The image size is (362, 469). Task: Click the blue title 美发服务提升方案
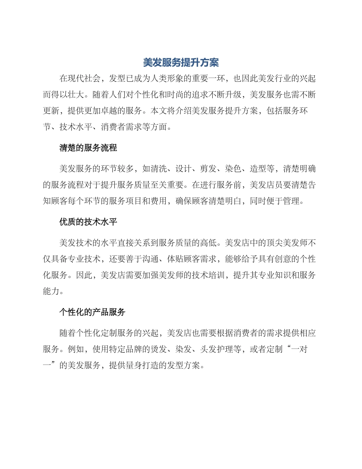[x=181, y=62]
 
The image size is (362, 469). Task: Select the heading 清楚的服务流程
[x=88, y=148]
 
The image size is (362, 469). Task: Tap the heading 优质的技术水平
[x=88, y=222]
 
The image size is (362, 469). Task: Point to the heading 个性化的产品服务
[x=92, y=312]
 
